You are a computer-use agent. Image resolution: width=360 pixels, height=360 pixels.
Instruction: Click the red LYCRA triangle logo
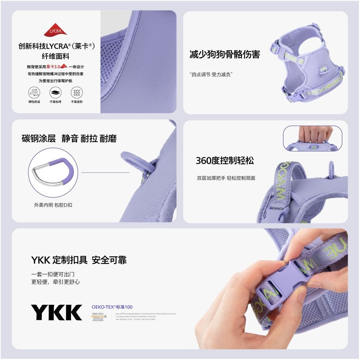click(x=56, y=31)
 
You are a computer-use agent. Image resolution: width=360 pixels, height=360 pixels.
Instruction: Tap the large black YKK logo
click(x=56, y=312)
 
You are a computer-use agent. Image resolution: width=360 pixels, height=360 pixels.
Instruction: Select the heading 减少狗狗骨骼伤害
click(x=225, y=55)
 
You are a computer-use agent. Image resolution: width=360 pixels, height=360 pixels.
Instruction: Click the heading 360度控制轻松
click(x=225, y=161)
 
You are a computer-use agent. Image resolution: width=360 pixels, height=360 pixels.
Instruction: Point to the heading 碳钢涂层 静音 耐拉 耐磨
click(x=69, y=139)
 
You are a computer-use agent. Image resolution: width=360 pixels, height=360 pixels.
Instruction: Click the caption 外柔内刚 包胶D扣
click(x=53, y=205)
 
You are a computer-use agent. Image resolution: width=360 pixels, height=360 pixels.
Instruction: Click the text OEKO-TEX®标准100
click(x=112, y=307)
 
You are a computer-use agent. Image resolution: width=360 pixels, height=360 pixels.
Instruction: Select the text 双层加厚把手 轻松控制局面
click(x=226, y=178)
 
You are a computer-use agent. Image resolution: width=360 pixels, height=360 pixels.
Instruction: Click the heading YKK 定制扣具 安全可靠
click(x=79, y=260)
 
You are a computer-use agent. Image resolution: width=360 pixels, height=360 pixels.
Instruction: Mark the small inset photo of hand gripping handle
click(x=312, y=138)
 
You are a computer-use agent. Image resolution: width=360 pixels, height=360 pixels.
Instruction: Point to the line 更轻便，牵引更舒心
click(x=55, y=282)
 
